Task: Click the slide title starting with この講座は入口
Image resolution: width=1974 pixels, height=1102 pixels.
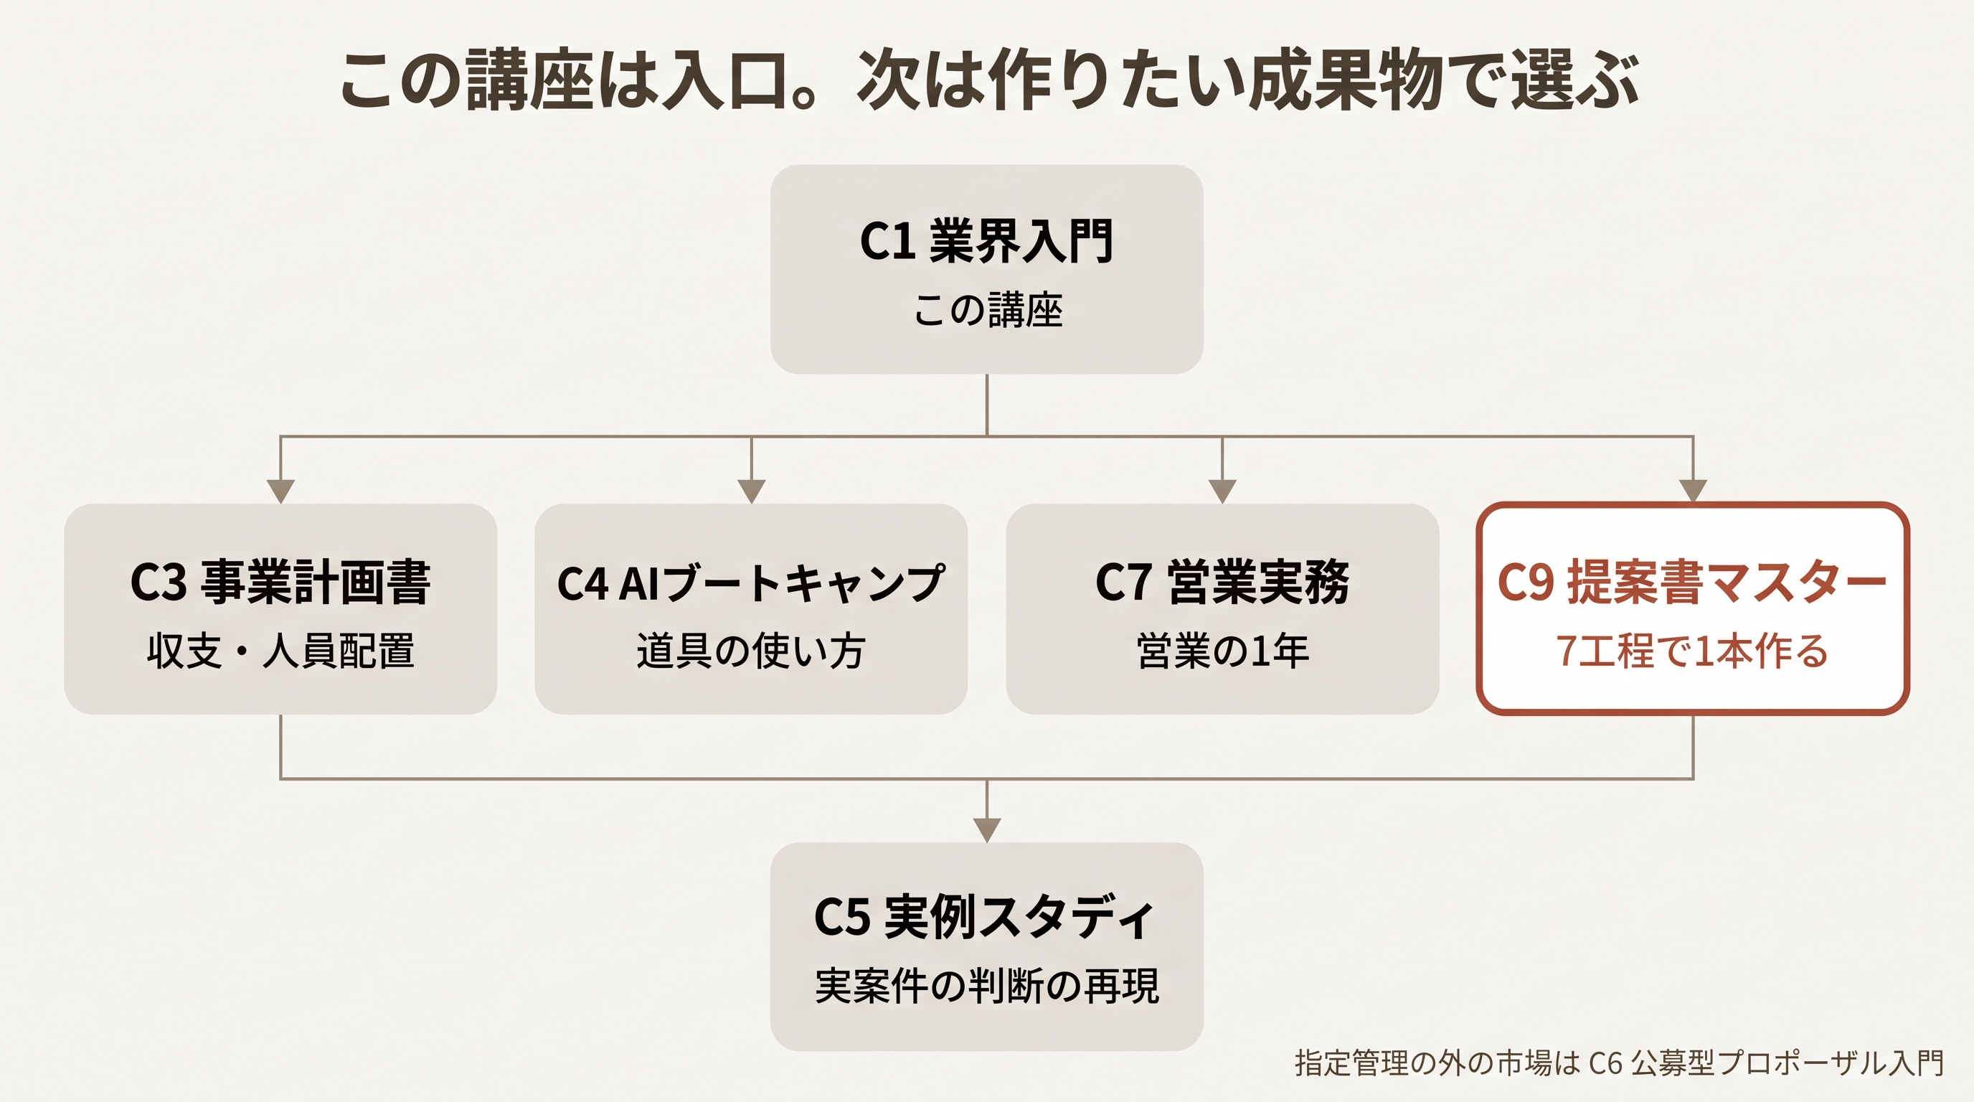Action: click(x=988, y=79)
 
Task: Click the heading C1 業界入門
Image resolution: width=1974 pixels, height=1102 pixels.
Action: click(x=987, y=240)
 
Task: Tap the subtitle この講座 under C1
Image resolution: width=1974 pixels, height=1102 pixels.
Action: click(x=988, y=311)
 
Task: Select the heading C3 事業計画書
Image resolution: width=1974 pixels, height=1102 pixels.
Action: click(x=280, y=582)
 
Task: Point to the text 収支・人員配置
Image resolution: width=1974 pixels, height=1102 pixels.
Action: click(x=280, y=651)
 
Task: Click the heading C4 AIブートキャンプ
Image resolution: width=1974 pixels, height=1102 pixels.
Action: click(x=751, y=583)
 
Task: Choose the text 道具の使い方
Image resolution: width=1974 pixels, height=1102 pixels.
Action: click(x=751, y=651)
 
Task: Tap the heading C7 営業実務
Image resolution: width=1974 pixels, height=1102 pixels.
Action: click(x=1222, y=582)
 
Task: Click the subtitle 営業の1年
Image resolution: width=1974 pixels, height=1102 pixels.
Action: click(x=1222, y=651)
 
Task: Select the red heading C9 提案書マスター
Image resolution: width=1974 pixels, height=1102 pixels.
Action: click(x=1692, y=582)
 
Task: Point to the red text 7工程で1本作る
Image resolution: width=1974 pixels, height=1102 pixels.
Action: click(x=1692, y=651)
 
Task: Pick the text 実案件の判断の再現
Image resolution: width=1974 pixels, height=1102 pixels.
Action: click(x=987, y=986)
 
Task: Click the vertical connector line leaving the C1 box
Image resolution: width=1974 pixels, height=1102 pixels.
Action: click(x=987, y=405)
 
